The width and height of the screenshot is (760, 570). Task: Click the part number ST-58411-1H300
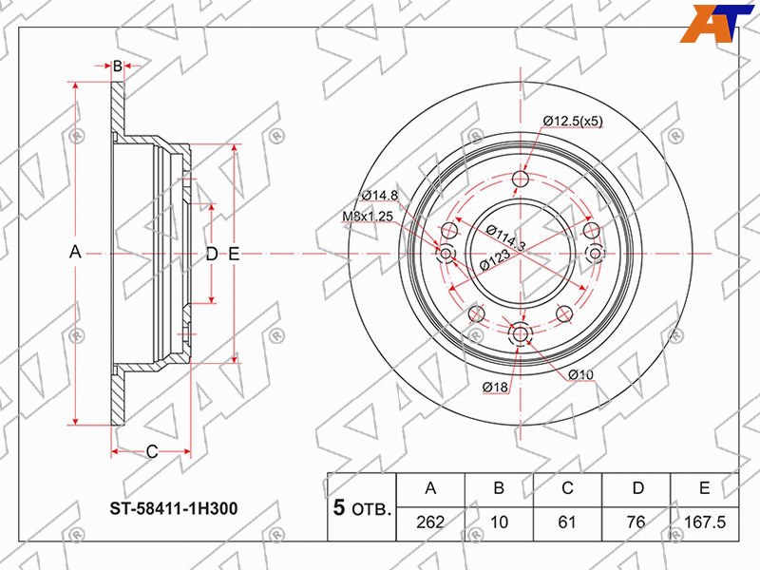tap(174, 508)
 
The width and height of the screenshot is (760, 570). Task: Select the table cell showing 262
tap(430, 522)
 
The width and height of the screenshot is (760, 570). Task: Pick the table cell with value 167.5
tap(704, 522)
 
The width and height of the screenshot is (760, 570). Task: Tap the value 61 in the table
tap(567, 522)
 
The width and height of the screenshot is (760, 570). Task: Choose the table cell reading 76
tap(636, 522)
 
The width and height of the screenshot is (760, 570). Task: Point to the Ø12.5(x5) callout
tap(573, 122)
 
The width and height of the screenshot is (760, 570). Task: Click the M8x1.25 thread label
tap(368, 217)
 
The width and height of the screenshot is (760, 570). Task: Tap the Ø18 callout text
tap(495, 387)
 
